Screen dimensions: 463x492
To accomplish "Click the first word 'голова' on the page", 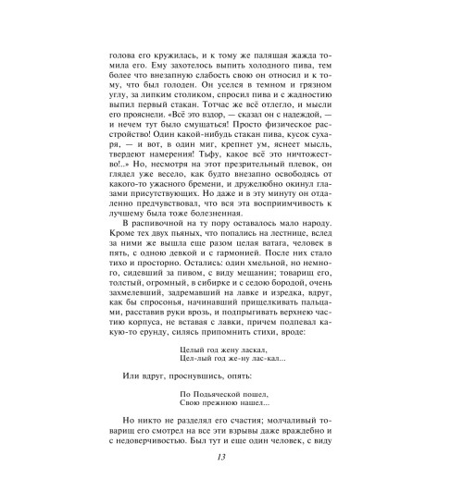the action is click(125, 55).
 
